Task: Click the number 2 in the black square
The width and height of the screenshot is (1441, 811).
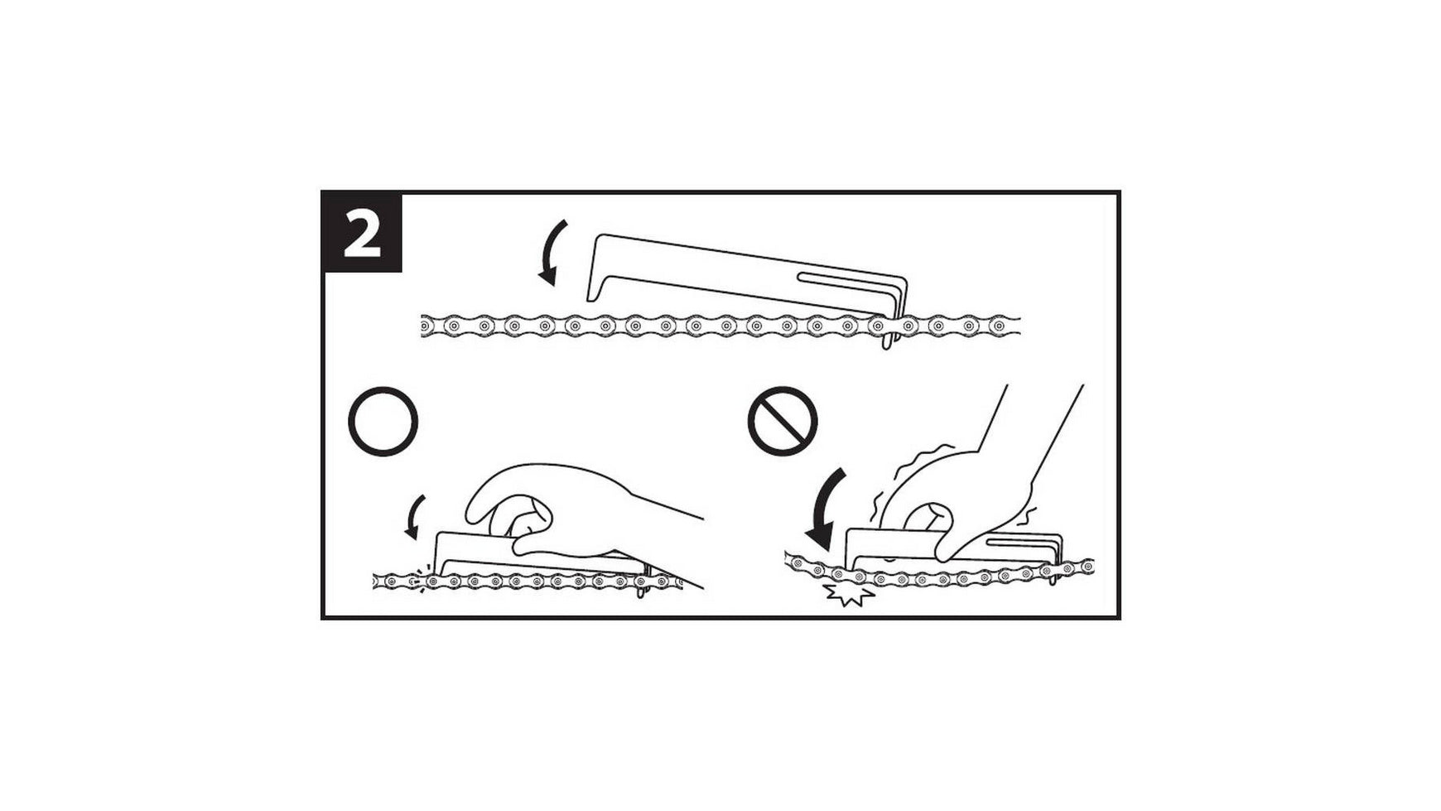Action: click(361, 234)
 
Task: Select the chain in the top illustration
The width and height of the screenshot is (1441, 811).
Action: click(720, 326)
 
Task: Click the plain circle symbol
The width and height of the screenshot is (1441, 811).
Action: click(383, 422)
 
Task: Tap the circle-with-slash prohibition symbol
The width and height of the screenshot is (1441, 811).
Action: click(783, 422)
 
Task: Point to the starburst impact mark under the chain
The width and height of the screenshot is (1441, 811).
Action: click(846, 594)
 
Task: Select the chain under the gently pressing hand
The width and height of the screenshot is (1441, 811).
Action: click(530, 582)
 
